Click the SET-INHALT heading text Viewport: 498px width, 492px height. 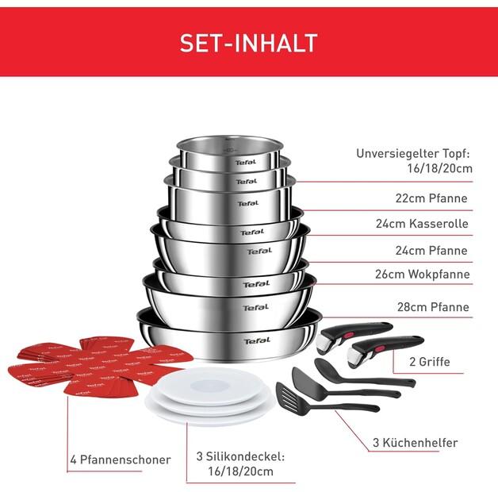point(248,42)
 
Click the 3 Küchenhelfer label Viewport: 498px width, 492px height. point(416,443)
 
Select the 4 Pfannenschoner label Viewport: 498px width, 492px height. point(119,459)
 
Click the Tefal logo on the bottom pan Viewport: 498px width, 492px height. point(257,340)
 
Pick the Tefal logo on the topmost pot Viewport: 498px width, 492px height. point(245,163)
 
